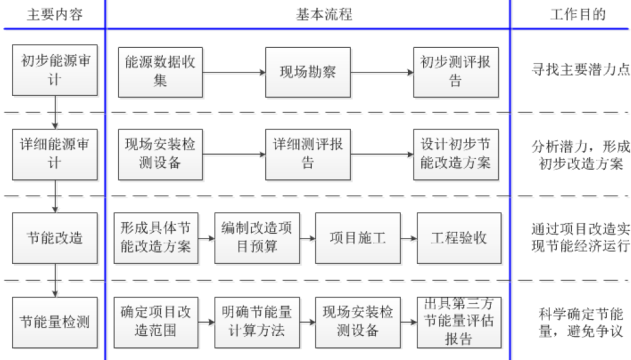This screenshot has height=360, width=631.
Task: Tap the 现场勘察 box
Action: tap(307, 72)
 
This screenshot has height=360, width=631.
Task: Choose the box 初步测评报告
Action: tap(455, 72)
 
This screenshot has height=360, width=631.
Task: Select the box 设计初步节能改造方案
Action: tap(455, 154)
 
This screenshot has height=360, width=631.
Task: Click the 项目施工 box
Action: tap(358, 237)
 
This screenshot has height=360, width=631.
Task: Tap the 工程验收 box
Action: tap(459, 237)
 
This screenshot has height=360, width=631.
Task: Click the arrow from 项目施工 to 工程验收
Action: tap(408, 237)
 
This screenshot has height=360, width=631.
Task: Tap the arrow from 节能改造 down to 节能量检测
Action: tap(55, 279)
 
